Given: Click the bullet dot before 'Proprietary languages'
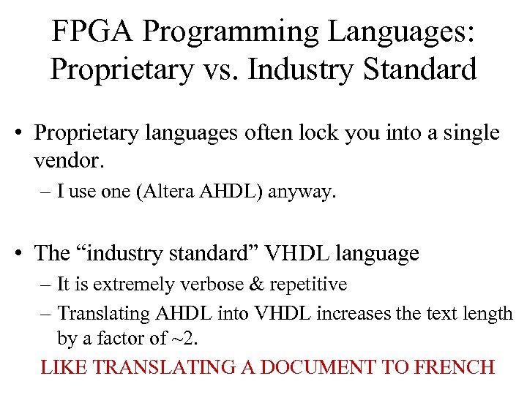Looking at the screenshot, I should [x=23, y=134].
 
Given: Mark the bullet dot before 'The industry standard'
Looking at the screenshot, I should [x=23, y=254].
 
